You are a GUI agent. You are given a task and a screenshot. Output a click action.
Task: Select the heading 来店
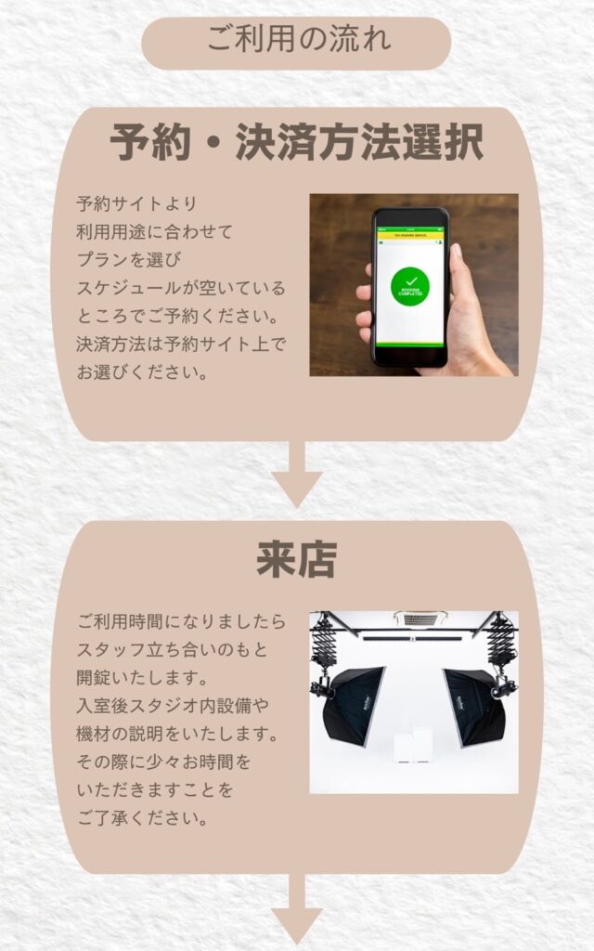tap(296, 559)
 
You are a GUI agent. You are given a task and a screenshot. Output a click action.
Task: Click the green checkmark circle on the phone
tap(410, 287)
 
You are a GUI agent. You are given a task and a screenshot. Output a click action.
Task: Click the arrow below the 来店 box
tap(296, 910)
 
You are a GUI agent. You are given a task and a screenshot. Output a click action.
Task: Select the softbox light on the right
tap(476, 707)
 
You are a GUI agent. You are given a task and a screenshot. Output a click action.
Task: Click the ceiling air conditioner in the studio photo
tap(420, 619)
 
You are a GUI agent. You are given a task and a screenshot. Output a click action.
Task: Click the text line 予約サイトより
tap(137, 203)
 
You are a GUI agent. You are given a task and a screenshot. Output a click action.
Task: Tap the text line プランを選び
tap(129, 260)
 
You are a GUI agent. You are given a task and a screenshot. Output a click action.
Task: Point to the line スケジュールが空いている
tap(181, 288)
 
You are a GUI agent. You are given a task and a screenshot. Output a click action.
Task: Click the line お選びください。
tap(142, 371)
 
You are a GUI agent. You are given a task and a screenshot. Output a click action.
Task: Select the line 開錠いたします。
tap(142, 677)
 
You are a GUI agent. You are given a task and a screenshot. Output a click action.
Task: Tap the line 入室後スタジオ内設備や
tap(173, 706)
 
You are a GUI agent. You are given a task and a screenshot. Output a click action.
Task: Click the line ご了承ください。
tap(142, 817)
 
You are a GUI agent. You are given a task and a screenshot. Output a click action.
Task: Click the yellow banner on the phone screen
tap(410, 235)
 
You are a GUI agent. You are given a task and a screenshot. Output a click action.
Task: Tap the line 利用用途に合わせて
tap(155, 231)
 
